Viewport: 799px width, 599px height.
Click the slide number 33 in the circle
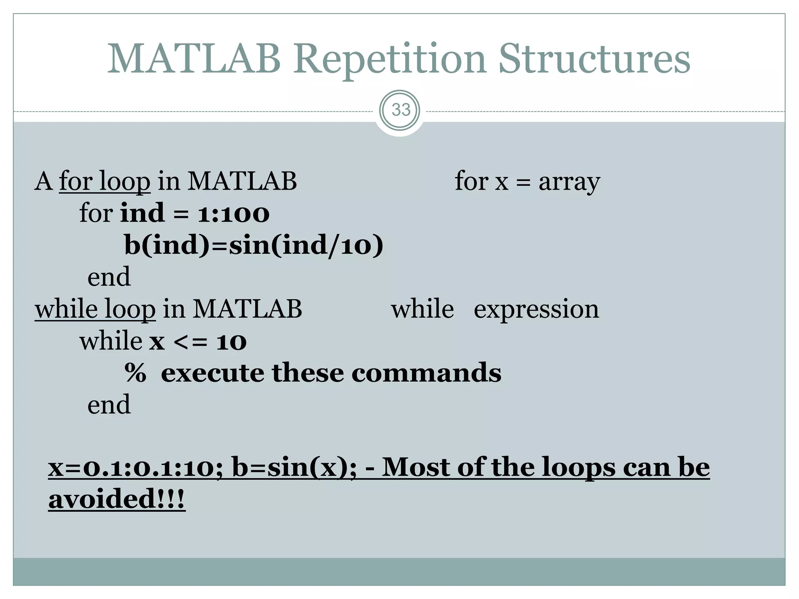[400, 110]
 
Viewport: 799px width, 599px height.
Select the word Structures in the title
[594, 59]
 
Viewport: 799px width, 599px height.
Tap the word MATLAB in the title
[194, 59]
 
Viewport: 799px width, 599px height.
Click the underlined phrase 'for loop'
[105, 181]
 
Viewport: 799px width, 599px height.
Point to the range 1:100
[233, 214]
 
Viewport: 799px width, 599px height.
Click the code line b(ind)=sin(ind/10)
[254, 246]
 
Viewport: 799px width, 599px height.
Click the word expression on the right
[536, 310]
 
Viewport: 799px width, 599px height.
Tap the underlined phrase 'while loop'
[95, 309]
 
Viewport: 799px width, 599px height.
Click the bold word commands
[426, 373]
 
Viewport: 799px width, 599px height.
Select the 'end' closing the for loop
[109, 277]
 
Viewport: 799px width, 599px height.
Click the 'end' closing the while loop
[109, 405]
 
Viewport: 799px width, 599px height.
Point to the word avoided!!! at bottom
[116, 499]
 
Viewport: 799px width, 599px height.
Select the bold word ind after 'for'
[142, 213]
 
